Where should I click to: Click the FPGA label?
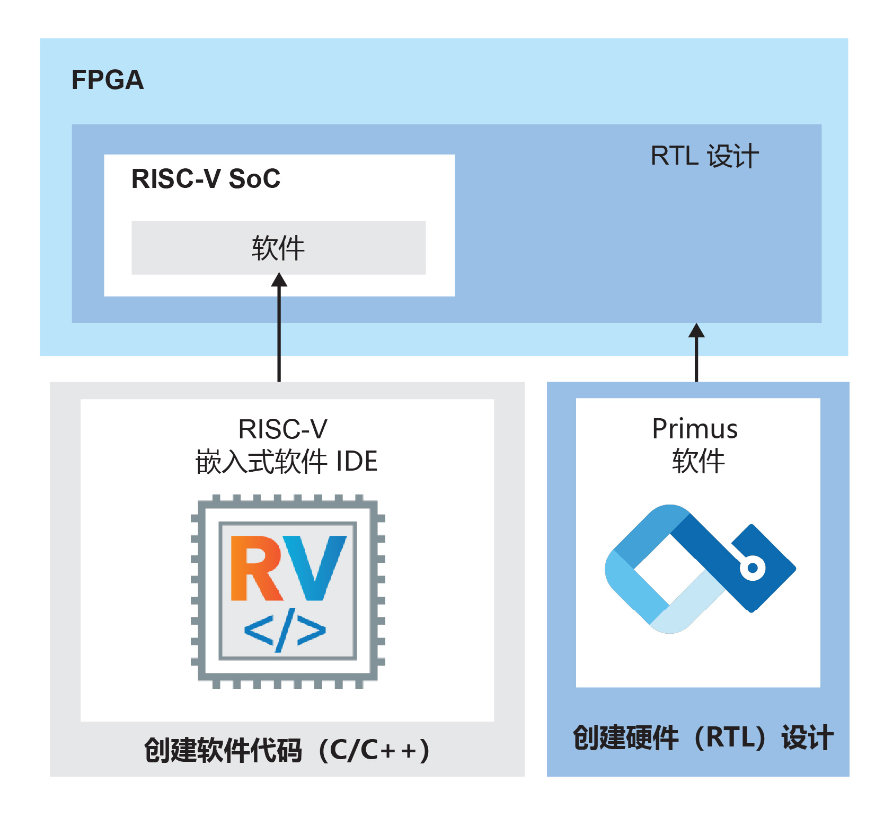[108, 80]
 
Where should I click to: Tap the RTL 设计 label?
[704, 156]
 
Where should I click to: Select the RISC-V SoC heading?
[206, 179]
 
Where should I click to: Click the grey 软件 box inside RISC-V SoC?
[278, 248]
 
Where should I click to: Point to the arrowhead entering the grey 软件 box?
[279, 280]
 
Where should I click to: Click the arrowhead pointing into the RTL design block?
[696, 330]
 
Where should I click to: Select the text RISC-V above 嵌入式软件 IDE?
[283, 429]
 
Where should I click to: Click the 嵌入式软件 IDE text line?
[286, 462]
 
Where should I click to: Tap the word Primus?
[695, 429]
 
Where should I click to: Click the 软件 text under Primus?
[698, 461]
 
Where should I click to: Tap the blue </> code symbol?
[285, 631]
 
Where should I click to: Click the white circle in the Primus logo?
[752, 569]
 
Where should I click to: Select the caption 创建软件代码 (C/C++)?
[287, 750]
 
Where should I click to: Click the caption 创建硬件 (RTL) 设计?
[703, 737]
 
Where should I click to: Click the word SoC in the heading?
[254, 179]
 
